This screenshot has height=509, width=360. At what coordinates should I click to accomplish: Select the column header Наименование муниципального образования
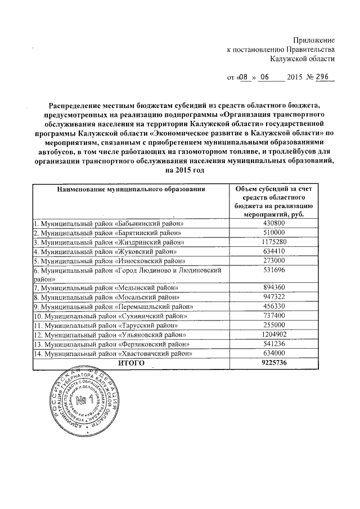pyautogui.click(x=130, y=190)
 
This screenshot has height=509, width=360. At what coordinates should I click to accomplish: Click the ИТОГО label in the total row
pyautogui.click(x=130, y=363)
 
